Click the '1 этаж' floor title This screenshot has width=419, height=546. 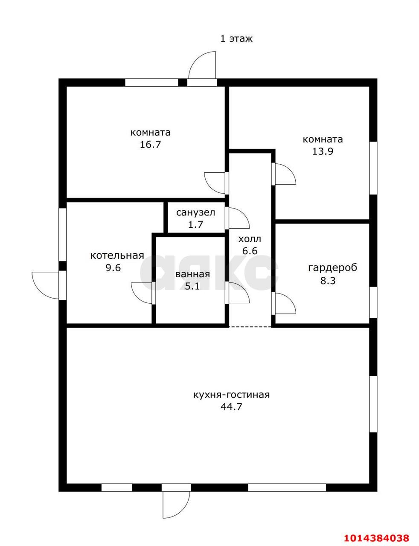click(236, 39)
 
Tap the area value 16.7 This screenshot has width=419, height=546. click(150, 145)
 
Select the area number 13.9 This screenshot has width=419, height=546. click(323, 151)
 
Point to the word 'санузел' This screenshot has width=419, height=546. click(195, 213)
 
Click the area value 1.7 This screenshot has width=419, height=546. click(195, 224)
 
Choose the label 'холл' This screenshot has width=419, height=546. click(250, 239)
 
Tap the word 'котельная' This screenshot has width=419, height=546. click(117, 256)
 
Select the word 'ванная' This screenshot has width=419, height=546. click(192, 274)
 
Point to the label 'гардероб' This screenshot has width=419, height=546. click(332, 268)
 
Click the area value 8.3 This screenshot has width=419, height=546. click(328, 281)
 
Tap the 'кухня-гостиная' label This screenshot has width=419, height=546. click(231, 395)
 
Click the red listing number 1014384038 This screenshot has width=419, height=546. click(376, 536)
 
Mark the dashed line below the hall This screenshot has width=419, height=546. click(250, 327)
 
